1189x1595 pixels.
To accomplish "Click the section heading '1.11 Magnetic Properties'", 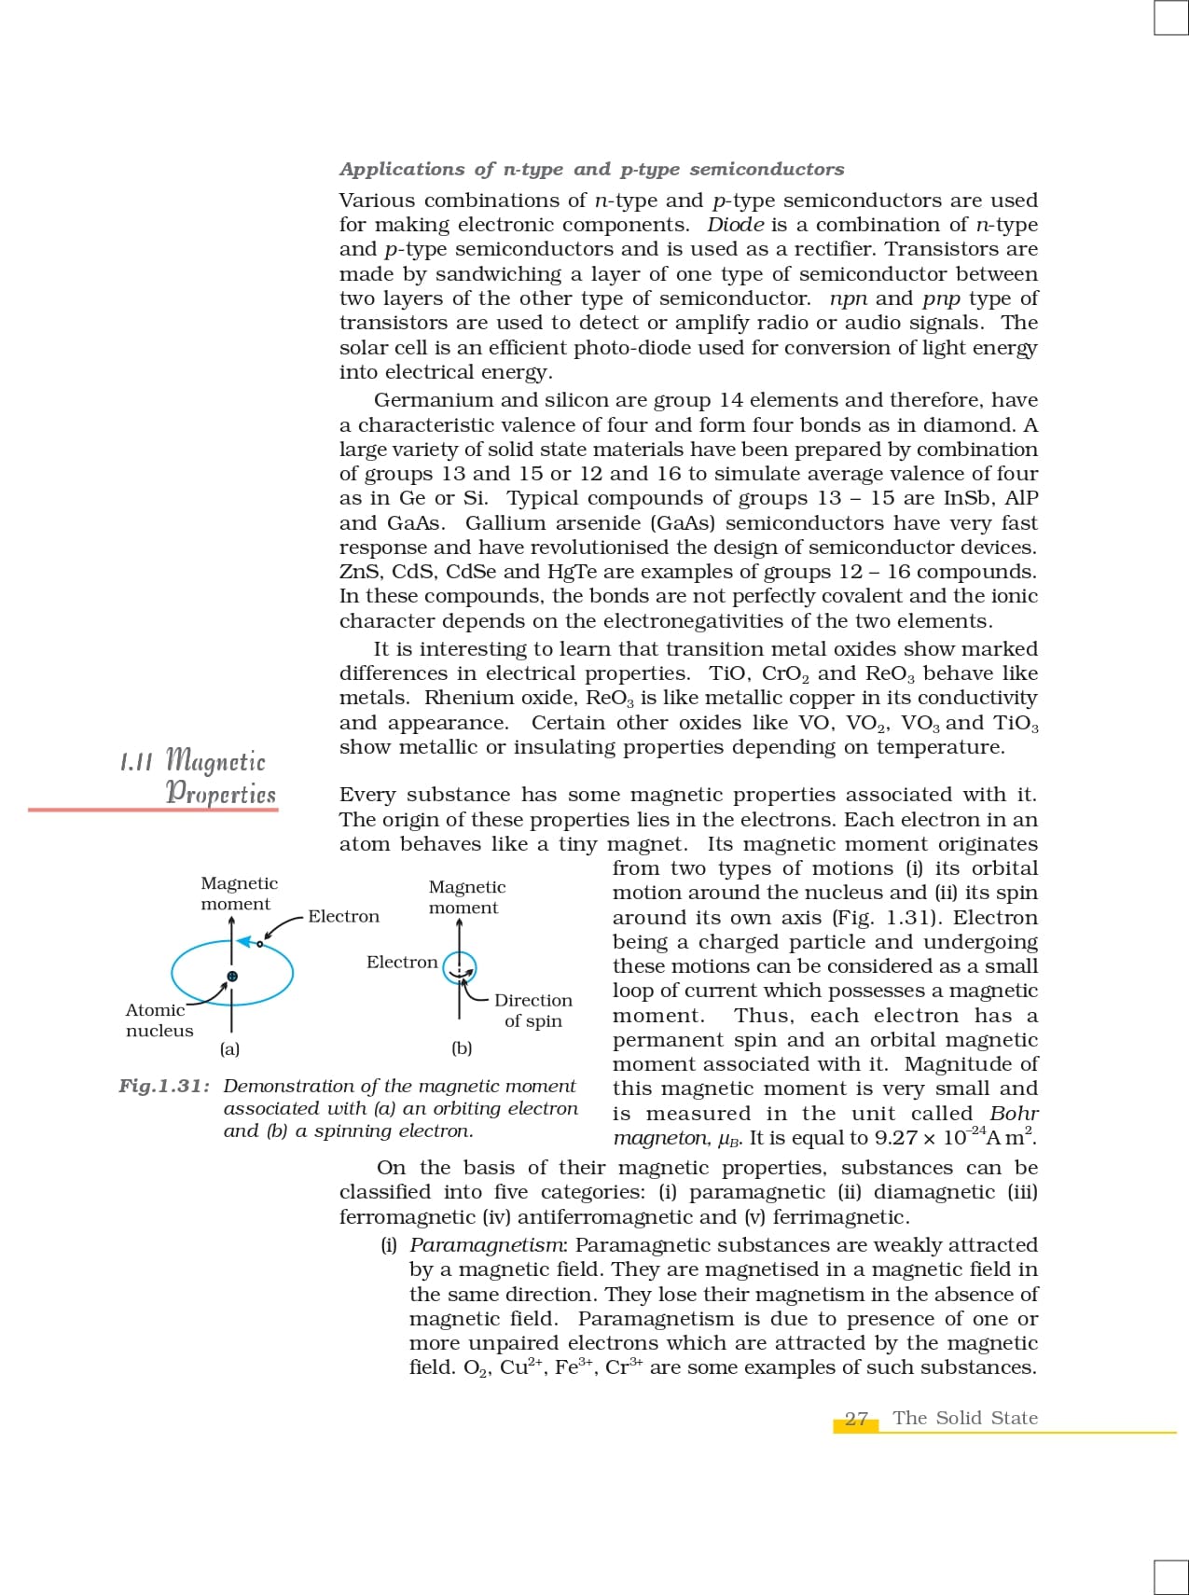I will click(199, 776).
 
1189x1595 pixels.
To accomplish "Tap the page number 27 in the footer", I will click(856, 1419).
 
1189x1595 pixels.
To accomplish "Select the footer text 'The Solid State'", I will click(964, 1418).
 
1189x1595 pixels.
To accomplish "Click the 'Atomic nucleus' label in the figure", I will click(159, 1020).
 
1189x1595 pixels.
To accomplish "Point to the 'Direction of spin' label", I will click(532, 1010).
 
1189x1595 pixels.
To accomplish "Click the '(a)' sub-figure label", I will click(229, 1048).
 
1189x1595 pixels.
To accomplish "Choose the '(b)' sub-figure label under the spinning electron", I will click(462, 1048).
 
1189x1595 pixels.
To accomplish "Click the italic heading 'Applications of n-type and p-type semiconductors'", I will click(591, 170).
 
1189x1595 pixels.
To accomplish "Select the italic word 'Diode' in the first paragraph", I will click(735, 225).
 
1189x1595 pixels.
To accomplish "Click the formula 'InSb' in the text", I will click(969, 498).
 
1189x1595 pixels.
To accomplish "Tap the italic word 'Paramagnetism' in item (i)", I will click(487, 1245).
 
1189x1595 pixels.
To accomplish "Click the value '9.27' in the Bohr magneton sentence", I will click(895, 1138).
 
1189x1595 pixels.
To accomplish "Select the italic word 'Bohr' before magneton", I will click(1014, 1114).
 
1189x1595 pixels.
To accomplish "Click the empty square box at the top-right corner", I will click(1170, 18).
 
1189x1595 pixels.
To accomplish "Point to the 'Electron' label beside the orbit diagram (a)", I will click(343, 917).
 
